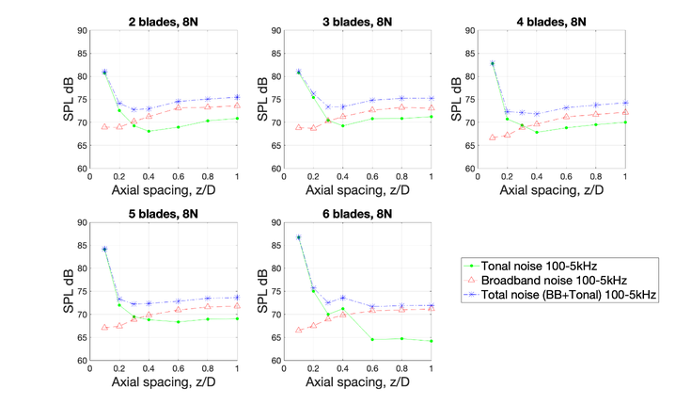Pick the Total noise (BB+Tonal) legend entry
coord(575,296)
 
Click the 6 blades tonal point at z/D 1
coord(431,341)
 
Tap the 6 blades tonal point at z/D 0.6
coord(371,339)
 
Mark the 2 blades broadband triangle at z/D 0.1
coord(104,126)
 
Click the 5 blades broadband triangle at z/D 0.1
coord(104,328)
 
